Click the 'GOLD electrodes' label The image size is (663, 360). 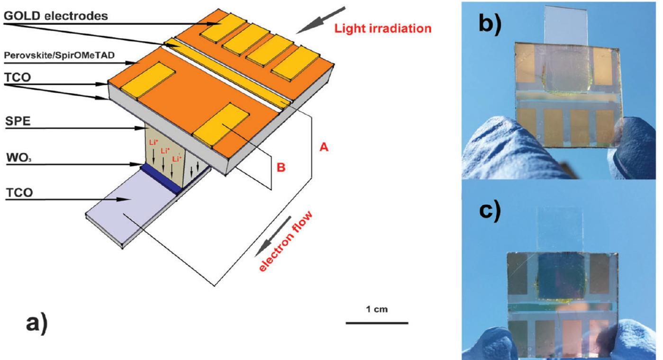[x=56, y=16]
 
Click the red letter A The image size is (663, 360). [x=325, y=147]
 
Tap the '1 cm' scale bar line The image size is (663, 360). [x=377, y=323]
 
